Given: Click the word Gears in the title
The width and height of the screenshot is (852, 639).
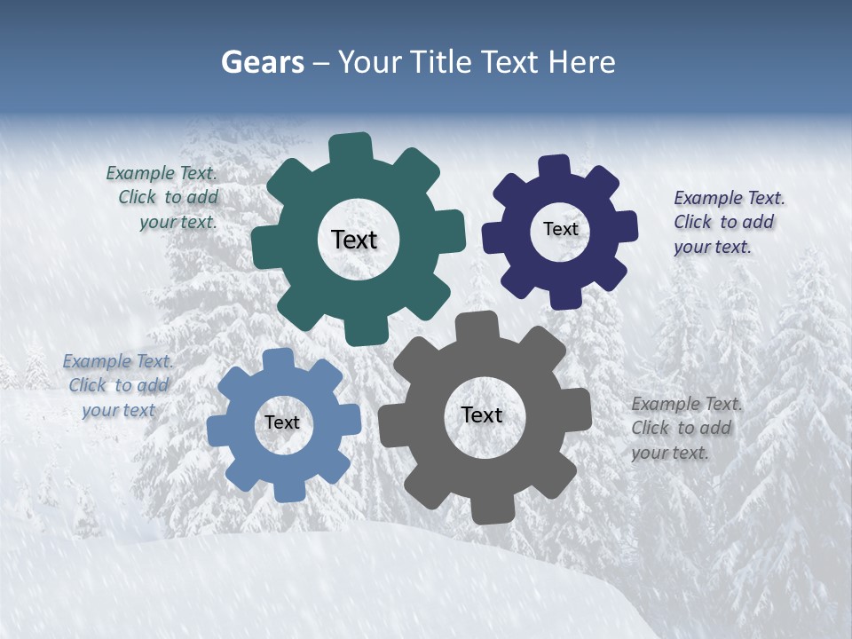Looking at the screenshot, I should point(262,62).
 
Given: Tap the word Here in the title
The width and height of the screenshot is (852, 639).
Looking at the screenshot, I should point(583,62).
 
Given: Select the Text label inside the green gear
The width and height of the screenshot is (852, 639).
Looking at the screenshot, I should point(354,240).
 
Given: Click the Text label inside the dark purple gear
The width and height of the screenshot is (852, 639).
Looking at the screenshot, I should point(560,229).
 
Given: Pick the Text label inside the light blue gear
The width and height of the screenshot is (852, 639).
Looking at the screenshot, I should point(281,422).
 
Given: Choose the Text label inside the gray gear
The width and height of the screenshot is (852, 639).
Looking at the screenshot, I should point(482,414).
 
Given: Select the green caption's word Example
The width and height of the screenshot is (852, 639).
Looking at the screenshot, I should point(138,173).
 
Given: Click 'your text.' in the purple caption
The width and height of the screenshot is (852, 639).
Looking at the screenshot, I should point(712,247).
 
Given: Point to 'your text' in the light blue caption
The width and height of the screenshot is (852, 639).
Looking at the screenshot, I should point(118,410).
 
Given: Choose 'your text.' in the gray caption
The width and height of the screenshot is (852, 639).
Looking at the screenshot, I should point(669,453).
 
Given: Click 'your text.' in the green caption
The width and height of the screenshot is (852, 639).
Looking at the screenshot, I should point(177,222).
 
